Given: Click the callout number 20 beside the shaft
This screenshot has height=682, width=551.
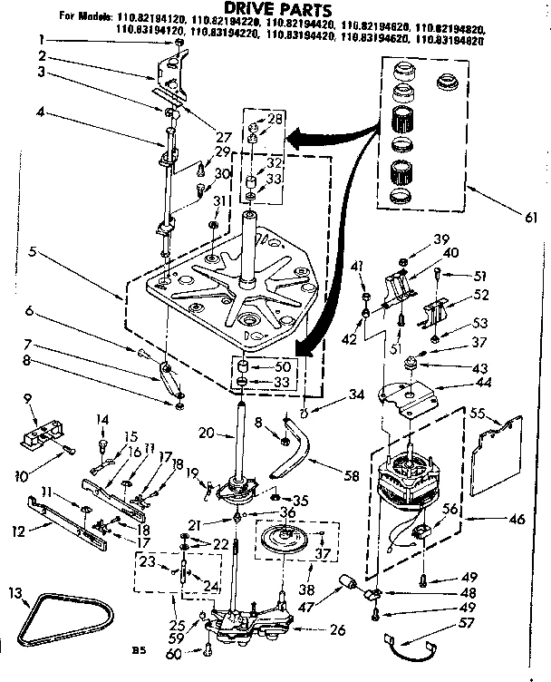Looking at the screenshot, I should [x=208, y=433].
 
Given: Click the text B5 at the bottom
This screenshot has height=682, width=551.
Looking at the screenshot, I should [x=137, y=648].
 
